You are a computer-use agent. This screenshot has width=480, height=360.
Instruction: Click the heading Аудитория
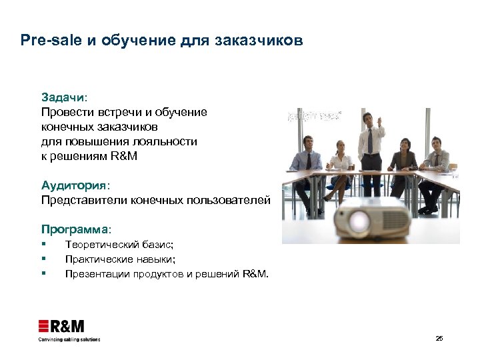(x=73, y=185)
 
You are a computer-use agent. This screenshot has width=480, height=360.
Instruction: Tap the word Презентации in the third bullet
(x=97, y=273)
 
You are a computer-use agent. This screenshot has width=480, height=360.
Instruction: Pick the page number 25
(x=439, y=338)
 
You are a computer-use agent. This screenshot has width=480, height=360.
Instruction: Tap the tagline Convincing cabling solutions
(x=69, y=339)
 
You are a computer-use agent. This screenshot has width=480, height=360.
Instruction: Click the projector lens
(x=360, y=220)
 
